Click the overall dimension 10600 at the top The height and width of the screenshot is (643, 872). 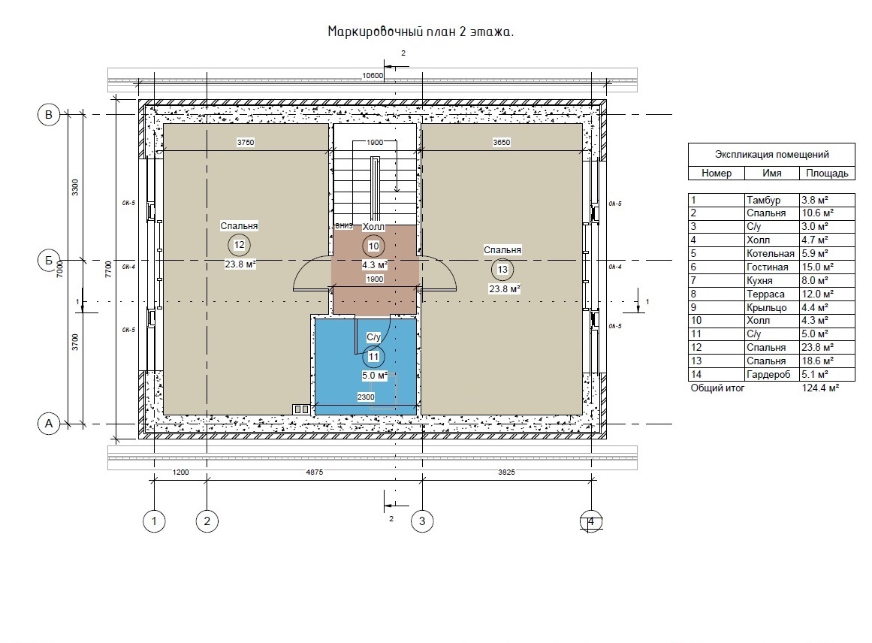pos(373,76)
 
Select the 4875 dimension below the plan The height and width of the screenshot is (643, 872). pos(314,472)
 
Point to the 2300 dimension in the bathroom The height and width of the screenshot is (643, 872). pos(366,397)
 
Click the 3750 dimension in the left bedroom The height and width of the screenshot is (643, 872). pos(246,143)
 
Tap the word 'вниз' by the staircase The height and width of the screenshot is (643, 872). pos(344,226)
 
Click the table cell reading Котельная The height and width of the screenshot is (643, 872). pos(771,254)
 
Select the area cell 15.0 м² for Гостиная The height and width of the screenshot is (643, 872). pos(817,267)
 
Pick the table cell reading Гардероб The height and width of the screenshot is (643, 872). pos(768,374)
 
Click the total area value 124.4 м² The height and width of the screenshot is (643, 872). pos(820,388)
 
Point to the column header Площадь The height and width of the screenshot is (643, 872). pos(827,173)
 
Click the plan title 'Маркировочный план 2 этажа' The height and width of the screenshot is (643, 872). pos(421,32)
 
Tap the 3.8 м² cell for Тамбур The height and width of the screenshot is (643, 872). pos(815,200)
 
